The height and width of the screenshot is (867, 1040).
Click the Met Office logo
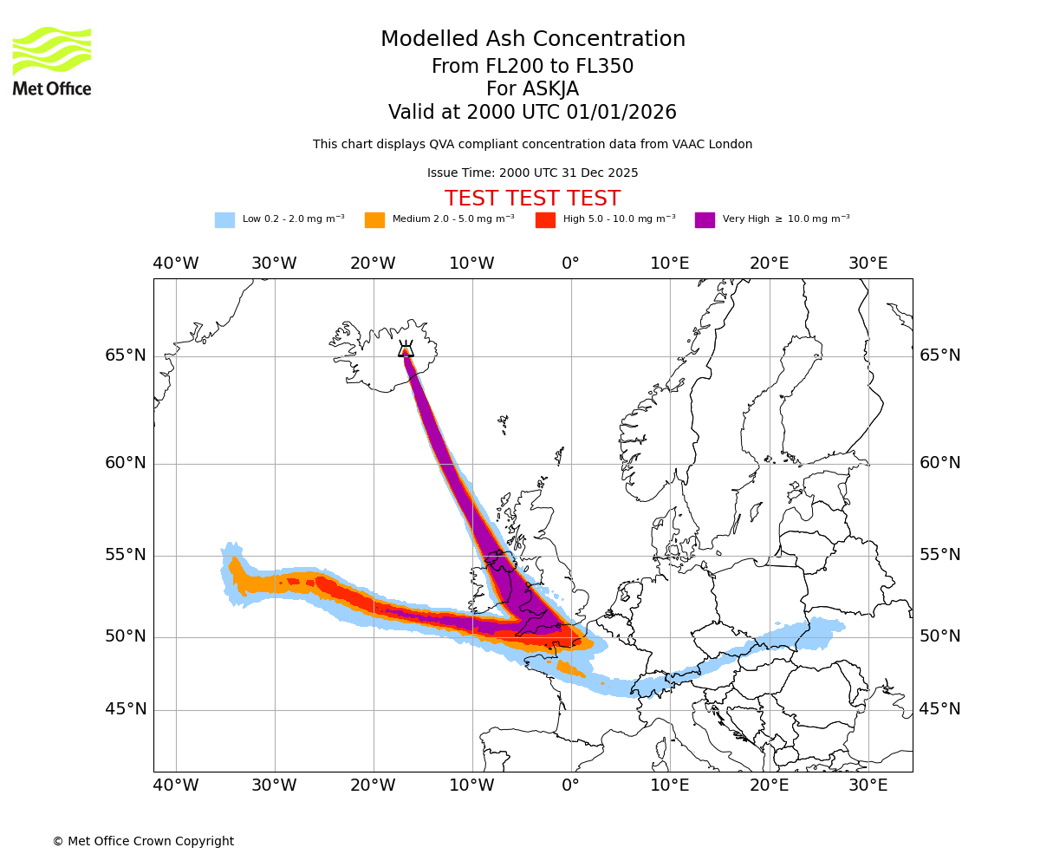52,62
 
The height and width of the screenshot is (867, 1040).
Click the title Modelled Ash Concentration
532,40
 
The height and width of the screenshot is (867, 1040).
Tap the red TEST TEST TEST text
532,199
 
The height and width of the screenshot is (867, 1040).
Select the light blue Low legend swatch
224,220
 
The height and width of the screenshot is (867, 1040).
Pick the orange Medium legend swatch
374,220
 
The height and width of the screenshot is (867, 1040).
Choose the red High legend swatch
545,220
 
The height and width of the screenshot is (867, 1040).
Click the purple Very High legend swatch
705,220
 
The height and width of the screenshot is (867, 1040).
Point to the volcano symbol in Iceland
406,349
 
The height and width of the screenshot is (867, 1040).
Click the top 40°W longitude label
175,264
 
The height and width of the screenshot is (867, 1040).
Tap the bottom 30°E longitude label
868,786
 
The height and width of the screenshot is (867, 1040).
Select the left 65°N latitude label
126,355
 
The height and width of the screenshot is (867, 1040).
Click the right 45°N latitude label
940,709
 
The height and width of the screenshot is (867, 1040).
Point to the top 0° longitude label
570,264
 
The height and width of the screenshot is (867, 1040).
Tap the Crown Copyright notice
143,841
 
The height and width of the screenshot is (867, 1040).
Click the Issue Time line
532,173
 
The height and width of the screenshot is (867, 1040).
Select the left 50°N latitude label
126,636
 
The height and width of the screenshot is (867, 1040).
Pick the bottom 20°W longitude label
373,786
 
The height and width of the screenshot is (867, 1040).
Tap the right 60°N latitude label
940,463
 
